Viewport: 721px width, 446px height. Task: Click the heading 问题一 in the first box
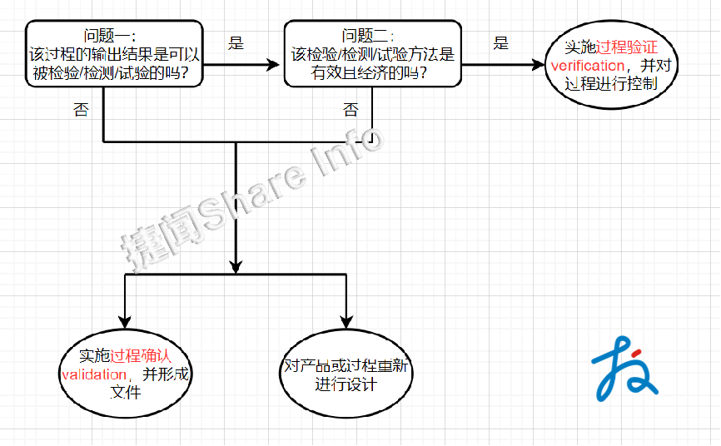(105, 35)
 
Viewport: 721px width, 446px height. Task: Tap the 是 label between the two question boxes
(236, 43)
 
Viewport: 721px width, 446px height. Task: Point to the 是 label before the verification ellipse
(500, 43)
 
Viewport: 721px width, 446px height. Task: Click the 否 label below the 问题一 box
(81, 110)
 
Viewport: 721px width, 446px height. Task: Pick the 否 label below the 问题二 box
(351, 110)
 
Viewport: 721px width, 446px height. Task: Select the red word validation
(95, 374)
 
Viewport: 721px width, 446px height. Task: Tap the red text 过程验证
(628, 47)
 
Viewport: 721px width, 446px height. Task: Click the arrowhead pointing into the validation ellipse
(125, 320)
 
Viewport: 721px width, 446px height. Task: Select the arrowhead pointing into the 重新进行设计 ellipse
(346, 320)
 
